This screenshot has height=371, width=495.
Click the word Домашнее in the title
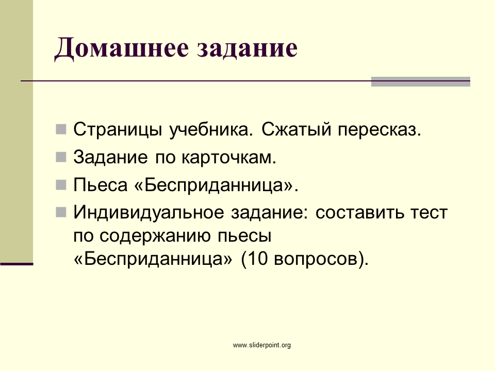click(x=122, y=48)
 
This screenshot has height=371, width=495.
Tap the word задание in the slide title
click(x=247, y=49)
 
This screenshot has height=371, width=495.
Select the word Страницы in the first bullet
click(x=118, y=130)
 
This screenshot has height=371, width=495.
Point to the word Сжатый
click(x=296, y=130)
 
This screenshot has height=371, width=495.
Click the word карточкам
click(x=229, y=157)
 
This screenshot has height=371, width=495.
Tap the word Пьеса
click(x=101, y=184)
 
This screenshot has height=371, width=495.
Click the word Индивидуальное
click(x=148, y=213)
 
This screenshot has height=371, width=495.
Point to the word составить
click(x=359, y=213)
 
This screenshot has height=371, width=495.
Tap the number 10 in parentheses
click(x=257, y=259)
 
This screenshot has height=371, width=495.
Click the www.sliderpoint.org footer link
click(x=262, y=345)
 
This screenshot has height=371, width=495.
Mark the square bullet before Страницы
click(x=61, y=129)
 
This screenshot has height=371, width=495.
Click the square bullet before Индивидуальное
click(x=61, y=212)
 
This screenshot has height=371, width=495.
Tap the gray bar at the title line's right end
click(x=421, y=81)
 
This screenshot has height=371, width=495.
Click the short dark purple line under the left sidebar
click(x=16, y=264)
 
